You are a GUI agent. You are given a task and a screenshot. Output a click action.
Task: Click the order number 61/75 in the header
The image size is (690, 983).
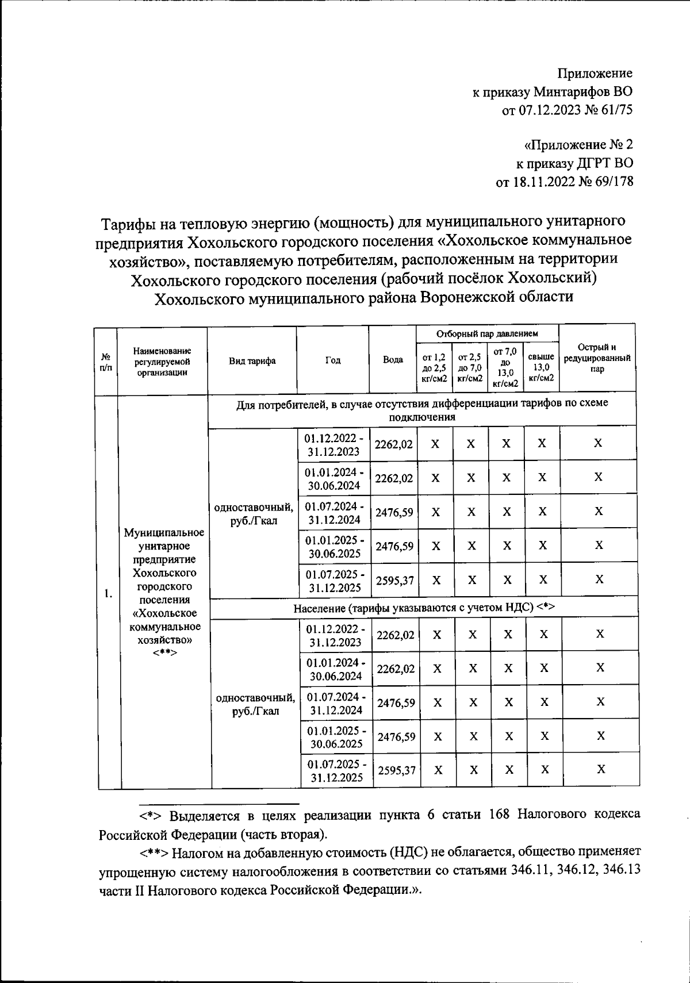613,109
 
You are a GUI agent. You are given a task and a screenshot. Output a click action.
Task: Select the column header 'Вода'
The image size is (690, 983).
393,360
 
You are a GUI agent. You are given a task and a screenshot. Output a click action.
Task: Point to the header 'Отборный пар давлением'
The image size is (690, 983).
487,333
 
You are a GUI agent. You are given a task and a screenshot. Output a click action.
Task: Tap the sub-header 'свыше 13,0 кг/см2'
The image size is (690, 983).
540,367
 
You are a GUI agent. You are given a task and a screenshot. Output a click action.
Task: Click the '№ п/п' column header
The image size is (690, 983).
105,362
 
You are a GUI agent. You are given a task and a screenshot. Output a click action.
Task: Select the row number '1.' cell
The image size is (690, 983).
108,593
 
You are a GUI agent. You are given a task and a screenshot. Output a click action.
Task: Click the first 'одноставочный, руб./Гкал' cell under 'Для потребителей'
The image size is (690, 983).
253,513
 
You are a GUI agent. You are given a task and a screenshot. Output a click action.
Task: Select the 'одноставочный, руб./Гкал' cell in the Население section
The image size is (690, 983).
255,704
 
